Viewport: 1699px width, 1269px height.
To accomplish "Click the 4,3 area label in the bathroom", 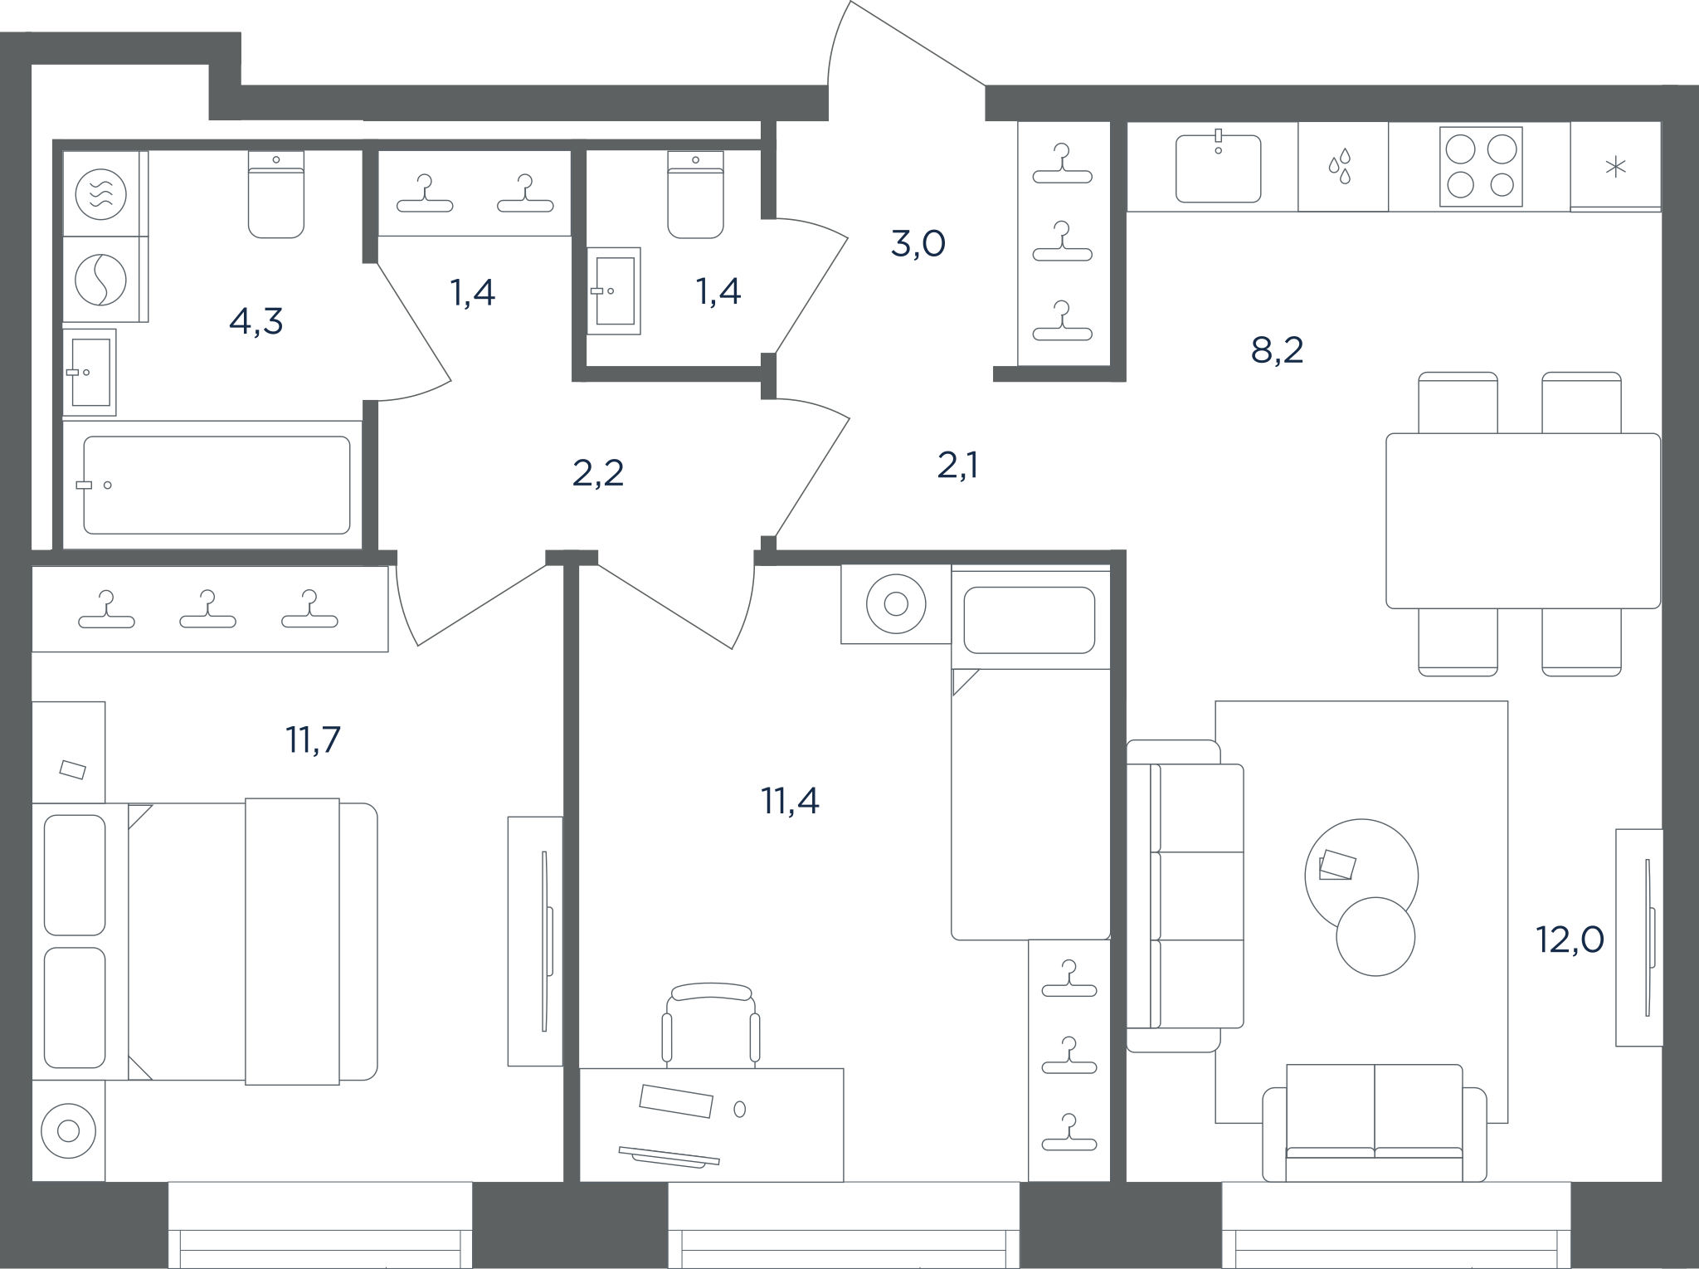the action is coord(256,321).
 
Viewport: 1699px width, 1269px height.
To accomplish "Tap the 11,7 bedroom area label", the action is coord(313,739).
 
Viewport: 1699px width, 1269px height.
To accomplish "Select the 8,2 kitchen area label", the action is coord(1277,350).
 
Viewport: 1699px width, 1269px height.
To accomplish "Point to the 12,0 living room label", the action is coord(1570,940).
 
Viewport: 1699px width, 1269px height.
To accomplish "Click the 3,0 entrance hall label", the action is coord(918,244).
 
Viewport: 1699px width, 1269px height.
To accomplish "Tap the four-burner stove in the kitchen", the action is coord(1481,167).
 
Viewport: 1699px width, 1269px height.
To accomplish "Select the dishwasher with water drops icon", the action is coord(1343,167).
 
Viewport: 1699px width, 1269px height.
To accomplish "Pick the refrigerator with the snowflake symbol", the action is coord(1615,167).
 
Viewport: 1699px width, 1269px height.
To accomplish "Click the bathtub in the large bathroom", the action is coord(217,486).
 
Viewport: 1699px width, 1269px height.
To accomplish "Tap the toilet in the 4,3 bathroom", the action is coord(276,194).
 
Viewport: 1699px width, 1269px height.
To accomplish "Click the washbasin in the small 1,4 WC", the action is coord(614,291).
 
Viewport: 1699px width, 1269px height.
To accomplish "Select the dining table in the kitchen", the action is coord(1523,520).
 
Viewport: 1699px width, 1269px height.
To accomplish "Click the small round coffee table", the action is coord(1375,936).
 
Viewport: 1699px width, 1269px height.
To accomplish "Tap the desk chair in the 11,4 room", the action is coord(711,1025).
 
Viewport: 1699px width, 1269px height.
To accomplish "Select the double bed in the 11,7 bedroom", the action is coord(205,941).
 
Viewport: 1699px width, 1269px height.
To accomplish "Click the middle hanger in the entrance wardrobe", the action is coord(1062,242).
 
